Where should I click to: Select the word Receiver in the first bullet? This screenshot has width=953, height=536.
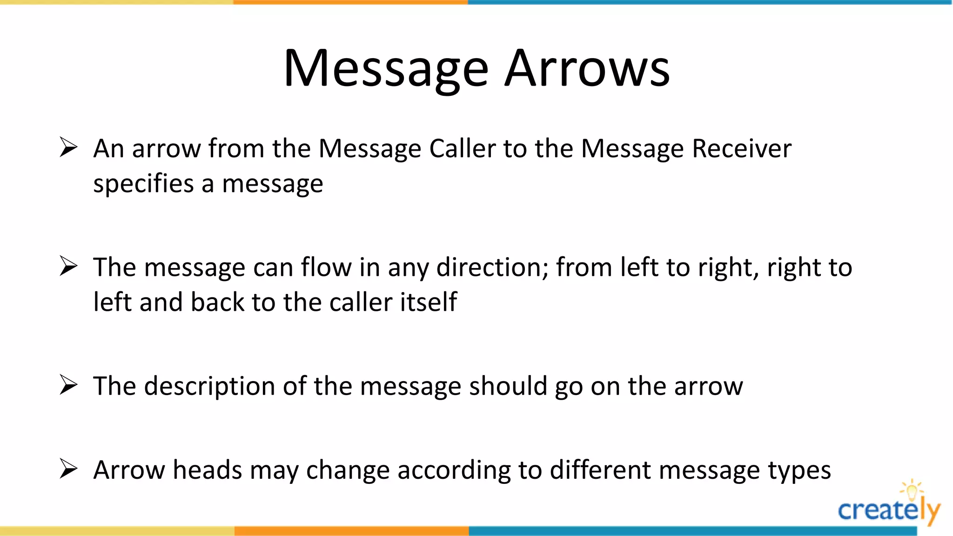(x=741, y=149)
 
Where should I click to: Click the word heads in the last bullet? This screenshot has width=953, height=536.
(x=208, y=470)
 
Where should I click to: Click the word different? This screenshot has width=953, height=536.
(x=600, y=470)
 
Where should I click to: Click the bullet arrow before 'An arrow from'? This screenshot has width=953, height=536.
(x=68, y=147)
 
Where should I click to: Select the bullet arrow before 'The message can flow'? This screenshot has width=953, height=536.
(x=68, y=267)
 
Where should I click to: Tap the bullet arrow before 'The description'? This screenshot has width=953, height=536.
(x=68, y=385)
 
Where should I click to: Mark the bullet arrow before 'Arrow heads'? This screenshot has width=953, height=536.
(x=68, y=469)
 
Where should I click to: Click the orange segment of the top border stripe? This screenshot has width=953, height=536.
(x=350, y=2)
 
